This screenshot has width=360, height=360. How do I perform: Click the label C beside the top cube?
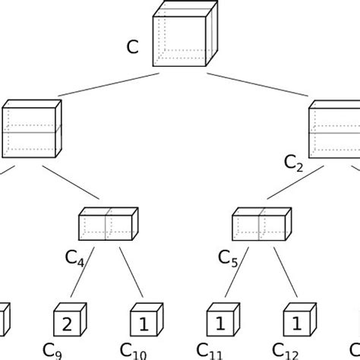132,49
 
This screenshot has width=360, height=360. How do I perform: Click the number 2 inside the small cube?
67,324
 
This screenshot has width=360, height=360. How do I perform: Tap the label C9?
52,351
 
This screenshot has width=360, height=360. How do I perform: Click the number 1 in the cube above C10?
143,324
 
